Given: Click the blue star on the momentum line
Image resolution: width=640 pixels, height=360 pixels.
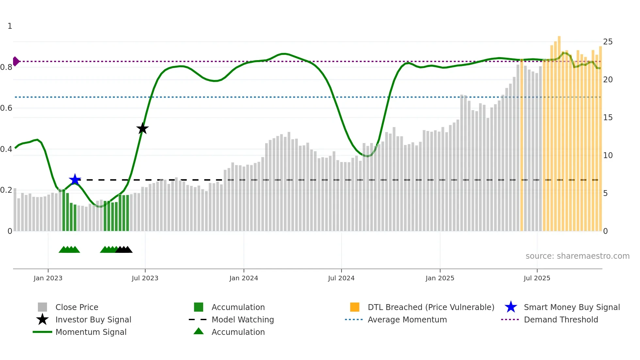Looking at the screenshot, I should click(75, 179).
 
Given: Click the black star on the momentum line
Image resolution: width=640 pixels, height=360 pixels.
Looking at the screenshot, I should click(142, 128).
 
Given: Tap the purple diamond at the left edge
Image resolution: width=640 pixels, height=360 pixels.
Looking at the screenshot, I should click(16, 61).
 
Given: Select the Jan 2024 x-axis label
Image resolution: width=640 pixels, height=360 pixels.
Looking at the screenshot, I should click(244, 278).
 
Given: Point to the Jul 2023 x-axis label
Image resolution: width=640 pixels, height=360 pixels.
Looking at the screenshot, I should click(145, 278).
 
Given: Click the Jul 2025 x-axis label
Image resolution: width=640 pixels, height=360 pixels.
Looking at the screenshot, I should click(537, 278).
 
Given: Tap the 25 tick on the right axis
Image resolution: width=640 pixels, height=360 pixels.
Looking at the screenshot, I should click(608, 42).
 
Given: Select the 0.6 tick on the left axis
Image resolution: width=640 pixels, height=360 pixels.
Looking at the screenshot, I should click(7, 108).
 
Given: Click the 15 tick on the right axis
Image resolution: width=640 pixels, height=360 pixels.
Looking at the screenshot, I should click(608, 118).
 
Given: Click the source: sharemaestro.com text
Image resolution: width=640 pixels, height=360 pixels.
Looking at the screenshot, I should click(577, 256).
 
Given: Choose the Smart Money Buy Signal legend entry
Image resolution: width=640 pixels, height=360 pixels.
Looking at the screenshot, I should click(571, 307).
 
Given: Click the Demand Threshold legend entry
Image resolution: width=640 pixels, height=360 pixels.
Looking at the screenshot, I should click(561, 319).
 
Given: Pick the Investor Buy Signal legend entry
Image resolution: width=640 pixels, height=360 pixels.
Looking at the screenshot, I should click(93, 319).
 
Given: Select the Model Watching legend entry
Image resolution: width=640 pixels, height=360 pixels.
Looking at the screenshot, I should click(243, 319).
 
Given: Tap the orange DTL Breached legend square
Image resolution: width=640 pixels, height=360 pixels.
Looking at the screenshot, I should click(355, 307).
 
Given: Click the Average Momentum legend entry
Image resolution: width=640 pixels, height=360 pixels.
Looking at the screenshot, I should click(407, 319).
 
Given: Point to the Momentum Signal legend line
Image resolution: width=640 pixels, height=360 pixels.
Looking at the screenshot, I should click(42, 332).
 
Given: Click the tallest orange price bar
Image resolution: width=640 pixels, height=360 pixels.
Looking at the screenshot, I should click(559, 131).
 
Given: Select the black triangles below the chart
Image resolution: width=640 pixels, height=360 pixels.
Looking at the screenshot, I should click(124, 250).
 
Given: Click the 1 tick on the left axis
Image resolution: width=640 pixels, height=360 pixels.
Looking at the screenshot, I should click(10, 26).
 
